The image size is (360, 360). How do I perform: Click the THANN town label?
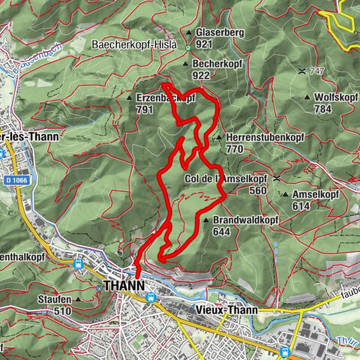pyautogui.click(x=124, y=286)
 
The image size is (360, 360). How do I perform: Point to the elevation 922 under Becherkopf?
pyautogui.click(x=201, y=76)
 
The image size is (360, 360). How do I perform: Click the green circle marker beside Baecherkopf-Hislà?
pyautogui.click(x=187, y=46)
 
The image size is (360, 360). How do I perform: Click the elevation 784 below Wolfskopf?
pyautogui.click(x=323, y=109)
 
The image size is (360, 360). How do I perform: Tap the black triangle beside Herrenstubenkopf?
pyautogui.click(x=218, y=138)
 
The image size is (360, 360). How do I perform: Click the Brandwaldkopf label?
pyautogui.click(x=246, y=220)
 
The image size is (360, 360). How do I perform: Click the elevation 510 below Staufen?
pyautogui.click(x=62, y=310)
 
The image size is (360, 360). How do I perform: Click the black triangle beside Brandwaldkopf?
pyautogui.click(x=205, y=220)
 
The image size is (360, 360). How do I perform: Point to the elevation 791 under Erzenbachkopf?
pyautogui.click(x=145, y=109)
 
